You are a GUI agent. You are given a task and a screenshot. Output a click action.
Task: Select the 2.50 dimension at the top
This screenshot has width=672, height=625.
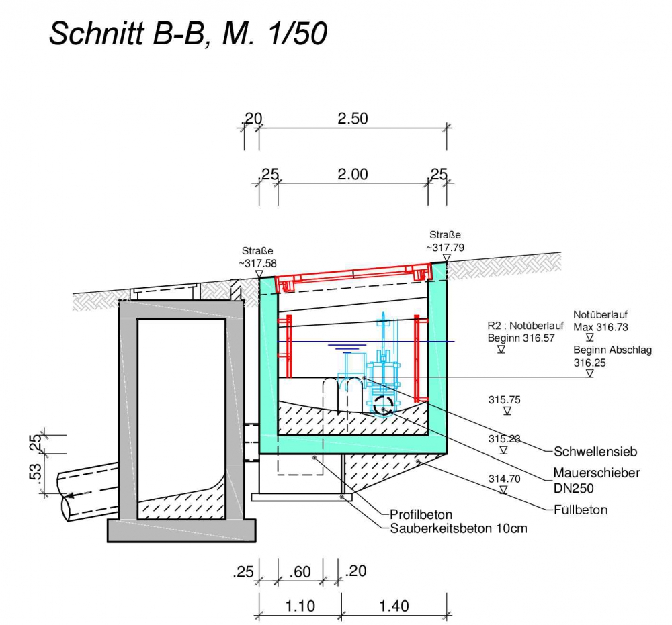pos(353,119)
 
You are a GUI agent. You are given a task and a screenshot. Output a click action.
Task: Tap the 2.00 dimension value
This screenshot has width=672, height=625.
pos(353,175)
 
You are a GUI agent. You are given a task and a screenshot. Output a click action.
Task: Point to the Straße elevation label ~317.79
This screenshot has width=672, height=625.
pos(445,242)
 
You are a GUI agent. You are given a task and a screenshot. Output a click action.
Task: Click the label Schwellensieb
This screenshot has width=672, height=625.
pos(595,451)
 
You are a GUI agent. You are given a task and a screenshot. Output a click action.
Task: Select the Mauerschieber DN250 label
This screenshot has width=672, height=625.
pos(597,480)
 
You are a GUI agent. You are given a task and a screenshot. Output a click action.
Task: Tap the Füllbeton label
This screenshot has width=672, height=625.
pos(581,510)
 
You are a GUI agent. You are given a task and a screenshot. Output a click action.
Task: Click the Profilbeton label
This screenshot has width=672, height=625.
pos(421,515)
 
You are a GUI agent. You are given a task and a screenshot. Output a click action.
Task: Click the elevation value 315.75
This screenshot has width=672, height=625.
pos(505,399)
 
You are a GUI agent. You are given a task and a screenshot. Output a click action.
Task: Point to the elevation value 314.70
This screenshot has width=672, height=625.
pos(505,479)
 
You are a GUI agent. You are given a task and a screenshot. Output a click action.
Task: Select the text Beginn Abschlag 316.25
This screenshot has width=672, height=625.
pos(612,356)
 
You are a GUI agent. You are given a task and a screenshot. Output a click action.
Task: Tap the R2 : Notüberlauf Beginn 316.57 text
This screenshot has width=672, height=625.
pos(521,332)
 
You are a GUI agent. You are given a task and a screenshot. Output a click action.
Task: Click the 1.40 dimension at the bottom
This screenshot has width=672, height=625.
pos(394,606)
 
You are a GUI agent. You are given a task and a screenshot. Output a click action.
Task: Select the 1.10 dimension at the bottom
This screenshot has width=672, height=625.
pos(300,606)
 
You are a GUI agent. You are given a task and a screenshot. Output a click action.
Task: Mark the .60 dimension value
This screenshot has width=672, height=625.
pos(300,573)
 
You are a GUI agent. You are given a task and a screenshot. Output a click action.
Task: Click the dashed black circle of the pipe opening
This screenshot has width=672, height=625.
pos(384,405)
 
